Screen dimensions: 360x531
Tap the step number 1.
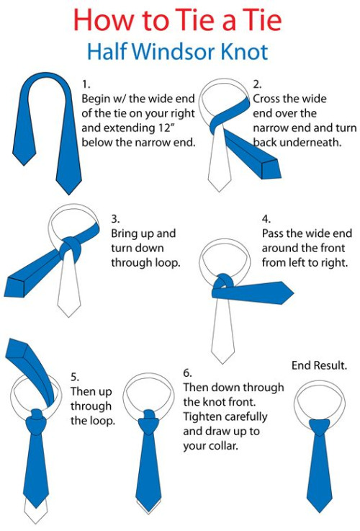86,84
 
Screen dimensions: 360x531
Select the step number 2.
257,84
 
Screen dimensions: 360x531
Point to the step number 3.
115,219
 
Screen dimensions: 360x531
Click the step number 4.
266,219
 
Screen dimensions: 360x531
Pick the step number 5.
75,377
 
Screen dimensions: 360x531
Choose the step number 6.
187,372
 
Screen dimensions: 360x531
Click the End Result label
319,365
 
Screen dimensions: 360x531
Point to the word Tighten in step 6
204,417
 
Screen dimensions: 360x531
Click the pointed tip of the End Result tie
319,512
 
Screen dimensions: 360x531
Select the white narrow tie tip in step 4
222,362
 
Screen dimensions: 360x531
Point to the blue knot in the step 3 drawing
71,249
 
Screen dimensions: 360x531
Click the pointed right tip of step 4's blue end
293,293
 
